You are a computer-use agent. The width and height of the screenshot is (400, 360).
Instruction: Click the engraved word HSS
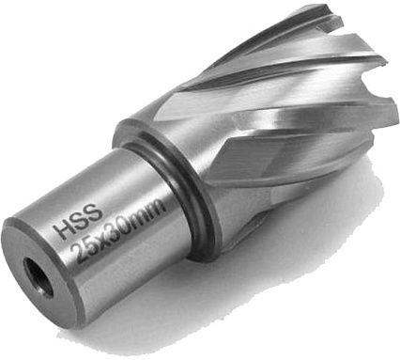pyautogui.click(x=78, y=219)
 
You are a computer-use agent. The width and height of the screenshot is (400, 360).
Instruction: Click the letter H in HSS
pyautogui.click(x=62, y=227)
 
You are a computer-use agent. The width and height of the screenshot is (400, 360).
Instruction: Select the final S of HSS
pyautogui.click(x=95, y=211)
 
